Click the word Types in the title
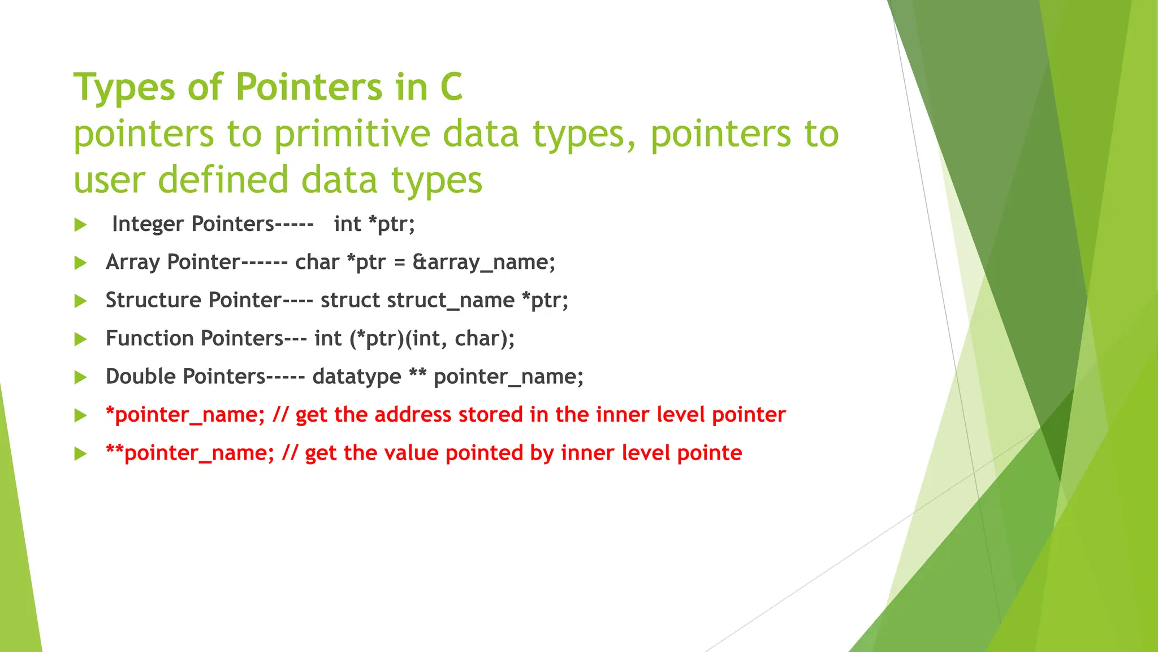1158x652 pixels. (x=125, y=88)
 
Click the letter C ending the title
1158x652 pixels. (x=451, y=88)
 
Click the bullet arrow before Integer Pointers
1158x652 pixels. (x=80, y=225)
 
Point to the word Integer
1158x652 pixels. (x=148, y=224)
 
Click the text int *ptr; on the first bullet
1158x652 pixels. (x=374, y=224)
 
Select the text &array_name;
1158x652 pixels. (x=484, y=262)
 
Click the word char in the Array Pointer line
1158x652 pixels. (x=317, y=262)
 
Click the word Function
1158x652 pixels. (x=150, y=338)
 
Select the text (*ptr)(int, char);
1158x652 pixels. (x=432, y=338)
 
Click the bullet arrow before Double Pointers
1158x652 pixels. (x=80, y=378)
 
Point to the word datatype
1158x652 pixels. (x=357, y=376)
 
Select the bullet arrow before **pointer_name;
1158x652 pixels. (x=80, y=453)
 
